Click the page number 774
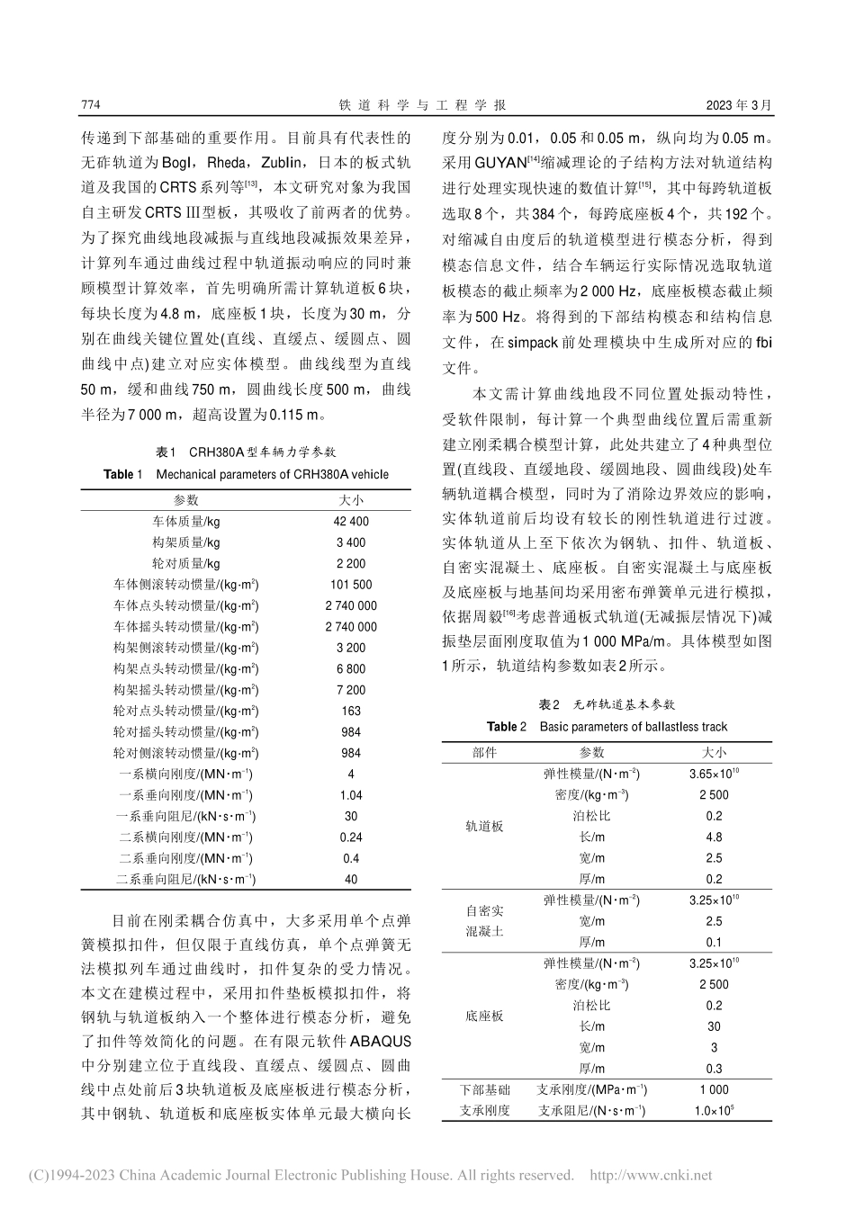[x=90, y=105]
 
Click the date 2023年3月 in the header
[x=740, y=105]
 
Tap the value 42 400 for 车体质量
[x=351, y=522]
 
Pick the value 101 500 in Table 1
[x=351, y=585]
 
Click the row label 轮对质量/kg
[x=186, y=564]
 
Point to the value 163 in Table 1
[x=351, y=712]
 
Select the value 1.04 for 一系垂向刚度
[x=351, y=795]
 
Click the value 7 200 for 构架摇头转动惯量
[x=351, y=690]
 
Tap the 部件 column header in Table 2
[x=485, y=753]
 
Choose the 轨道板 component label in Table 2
[x=485, y=827]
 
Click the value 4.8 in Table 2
[x=714, y=837]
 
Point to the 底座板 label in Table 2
[x=485, y=1016]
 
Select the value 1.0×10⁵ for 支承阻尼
[x=714, y=1110]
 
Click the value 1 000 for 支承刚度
[x=714, y=1089]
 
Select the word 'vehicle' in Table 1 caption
[x=368, y=474]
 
